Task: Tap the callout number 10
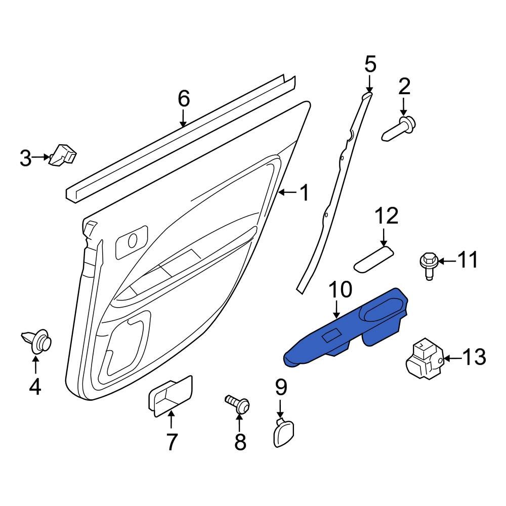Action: (x=341, y=289)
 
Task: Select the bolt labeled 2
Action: (x=399, y=129)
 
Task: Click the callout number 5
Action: (x=370, y=64)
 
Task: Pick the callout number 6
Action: (x=184, y=99)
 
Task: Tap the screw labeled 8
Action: (x=237, y=404)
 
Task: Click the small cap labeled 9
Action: (x=283, y=432)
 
